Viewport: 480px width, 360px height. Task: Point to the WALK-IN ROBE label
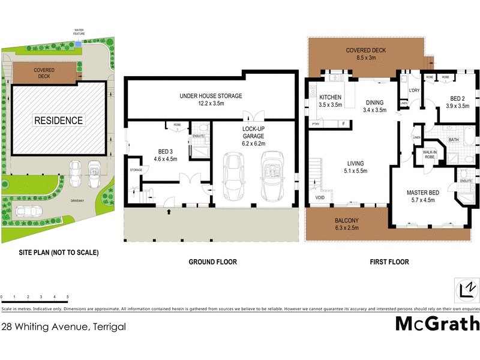pyautogui.click(x=430, y=154)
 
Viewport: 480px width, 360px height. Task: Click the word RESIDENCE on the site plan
pyautogui.click(x=58, y=121)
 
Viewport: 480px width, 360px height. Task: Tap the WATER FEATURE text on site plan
pyautogui.click(x=79, y=32)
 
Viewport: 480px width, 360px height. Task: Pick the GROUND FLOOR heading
pyautogui.click(x=212, y=262)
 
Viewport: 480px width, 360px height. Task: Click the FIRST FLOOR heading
pyautogui.click(x=390, y=262)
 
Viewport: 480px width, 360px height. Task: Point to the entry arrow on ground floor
pyautogui.click(x=169, y=211)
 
